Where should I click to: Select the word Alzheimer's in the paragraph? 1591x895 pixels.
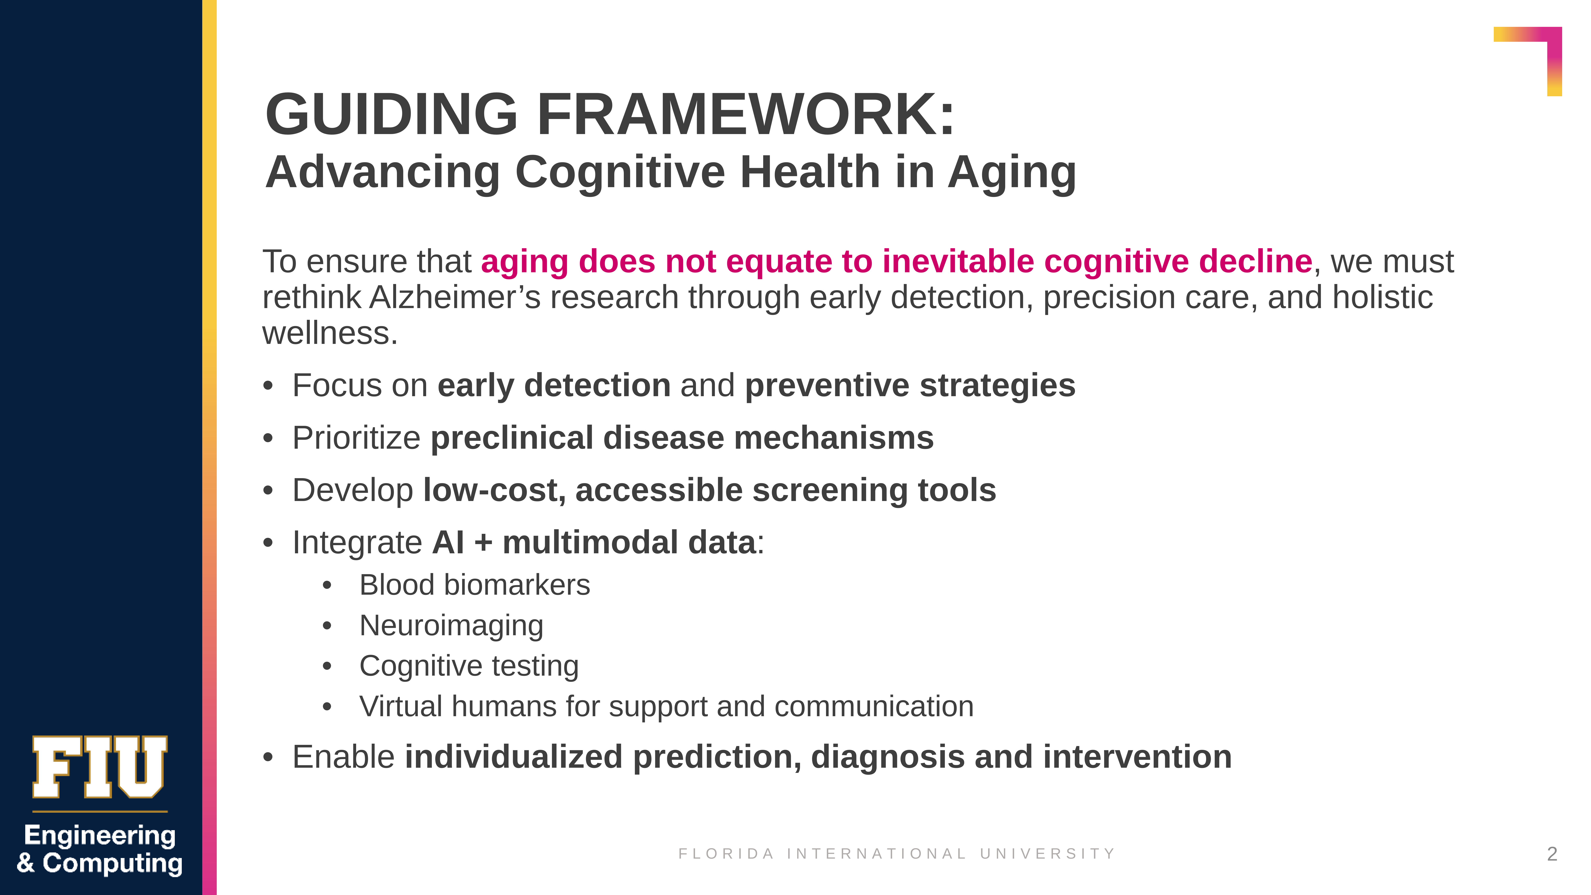(x=455, y=297)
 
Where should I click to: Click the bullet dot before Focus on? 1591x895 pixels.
(x=267, y=386)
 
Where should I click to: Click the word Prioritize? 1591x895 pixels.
(x=356, y=438)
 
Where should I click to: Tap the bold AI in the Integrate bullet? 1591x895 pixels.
(x=448, y=542)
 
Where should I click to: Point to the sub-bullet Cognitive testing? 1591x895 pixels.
(x=469, y=666)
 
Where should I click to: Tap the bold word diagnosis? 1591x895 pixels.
(x=887, y=757)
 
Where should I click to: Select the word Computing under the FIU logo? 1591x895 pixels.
(x=112, y=863)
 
